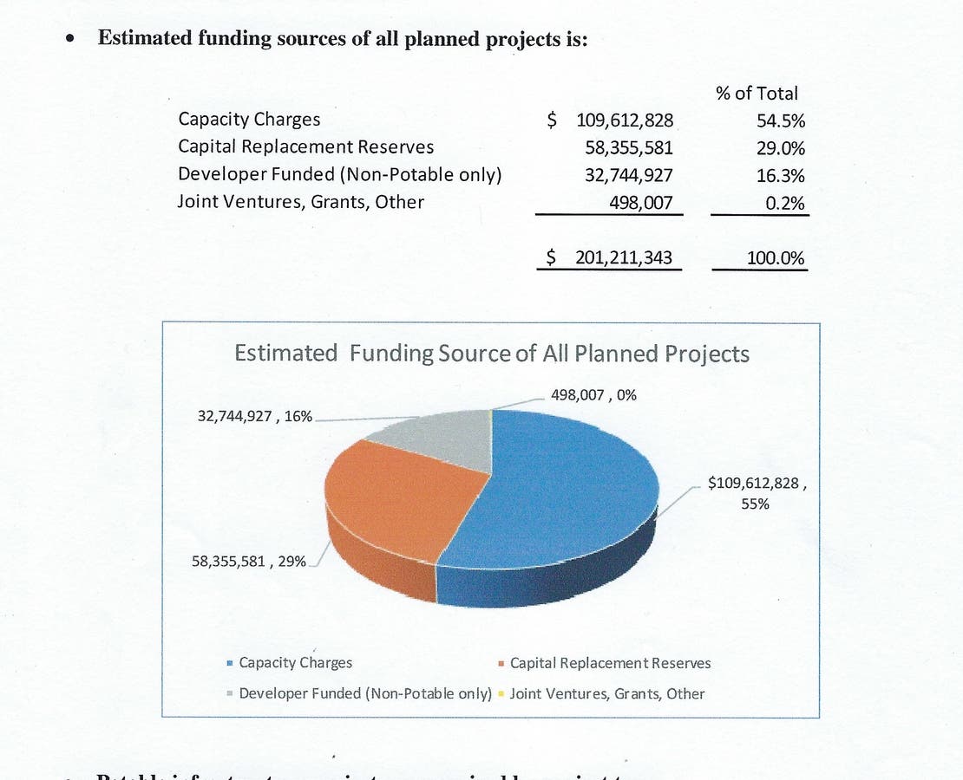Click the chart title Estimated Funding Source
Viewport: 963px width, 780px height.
click(492, 354)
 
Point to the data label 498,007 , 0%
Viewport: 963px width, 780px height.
click(593, 395)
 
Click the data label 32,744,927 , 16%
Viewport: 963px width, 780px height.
click(255, 417)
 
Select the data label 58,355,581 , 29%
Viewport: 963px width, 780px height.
click(248, 561)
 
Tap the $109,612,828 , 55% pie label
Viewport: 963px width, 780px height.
click(757, 492)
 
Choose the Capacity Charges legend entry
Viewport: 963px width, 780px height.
click(295, 663)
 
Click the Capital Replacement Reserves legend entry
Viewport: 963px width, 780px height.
click(610, 663)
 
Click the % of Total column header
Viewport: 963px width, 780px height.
click(757, 93)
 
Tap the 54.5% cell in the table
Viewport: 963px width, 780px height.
click(781, 121)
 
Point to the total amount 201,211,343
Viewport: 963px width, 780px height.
click(623, 257)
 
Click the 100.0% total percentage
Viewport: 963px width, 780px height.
click(776, 258)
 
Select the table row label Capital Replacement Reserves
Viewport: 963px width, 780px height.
click(305, 147)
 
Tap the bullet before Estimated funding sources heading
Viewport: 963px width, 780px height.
click(71, 40)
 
